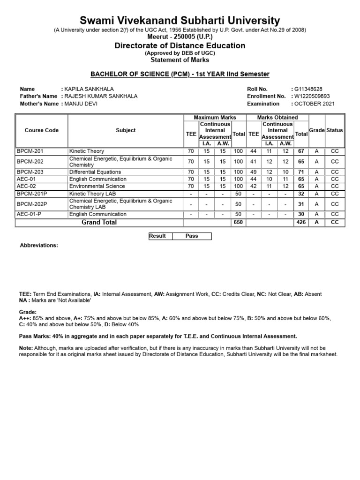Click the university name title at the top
(180, 21)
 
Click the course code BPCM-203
(30, 172)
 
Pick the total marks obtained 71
(301, 172)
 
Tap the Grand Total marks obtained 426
(301, 223)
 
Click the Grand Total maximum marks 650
(239, 223)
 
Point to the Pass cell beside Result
(192, 236)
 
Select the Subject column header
(126, 130)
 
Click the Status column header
(335, 130)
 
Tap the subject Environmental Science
(97, 186)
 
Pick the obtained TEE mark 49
(254, 172)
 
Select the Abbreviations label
(38, 245)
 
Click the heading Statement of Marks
(180, 60)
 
